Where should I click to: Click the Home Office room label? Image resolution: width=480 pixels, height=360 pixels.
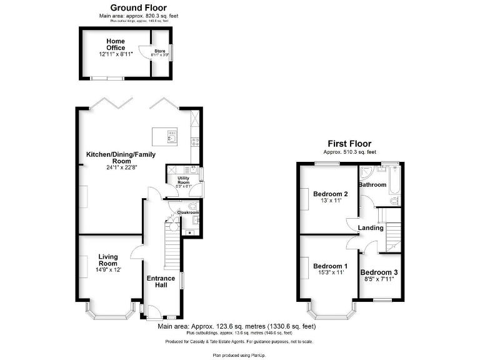(x=116, y=44)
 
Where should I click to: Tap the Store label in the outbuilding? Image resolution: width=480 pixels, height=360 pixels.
(x=160, y=51)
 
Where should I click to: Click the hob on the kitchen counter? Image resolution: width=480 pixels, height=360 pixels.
(x=196, y=141)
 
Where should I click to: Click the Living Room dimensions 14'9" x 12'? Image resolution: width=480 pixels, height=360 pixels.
(x=108, y=270)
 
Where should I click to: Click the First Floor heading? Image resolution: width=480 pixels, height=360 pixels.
(x=349, y=144)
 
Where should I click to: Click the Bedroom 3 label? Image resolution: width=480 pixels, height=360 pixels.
(x=379, y=272)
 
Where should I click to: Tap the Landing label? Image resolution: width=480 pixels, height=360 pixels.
(x=371, y=227)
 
